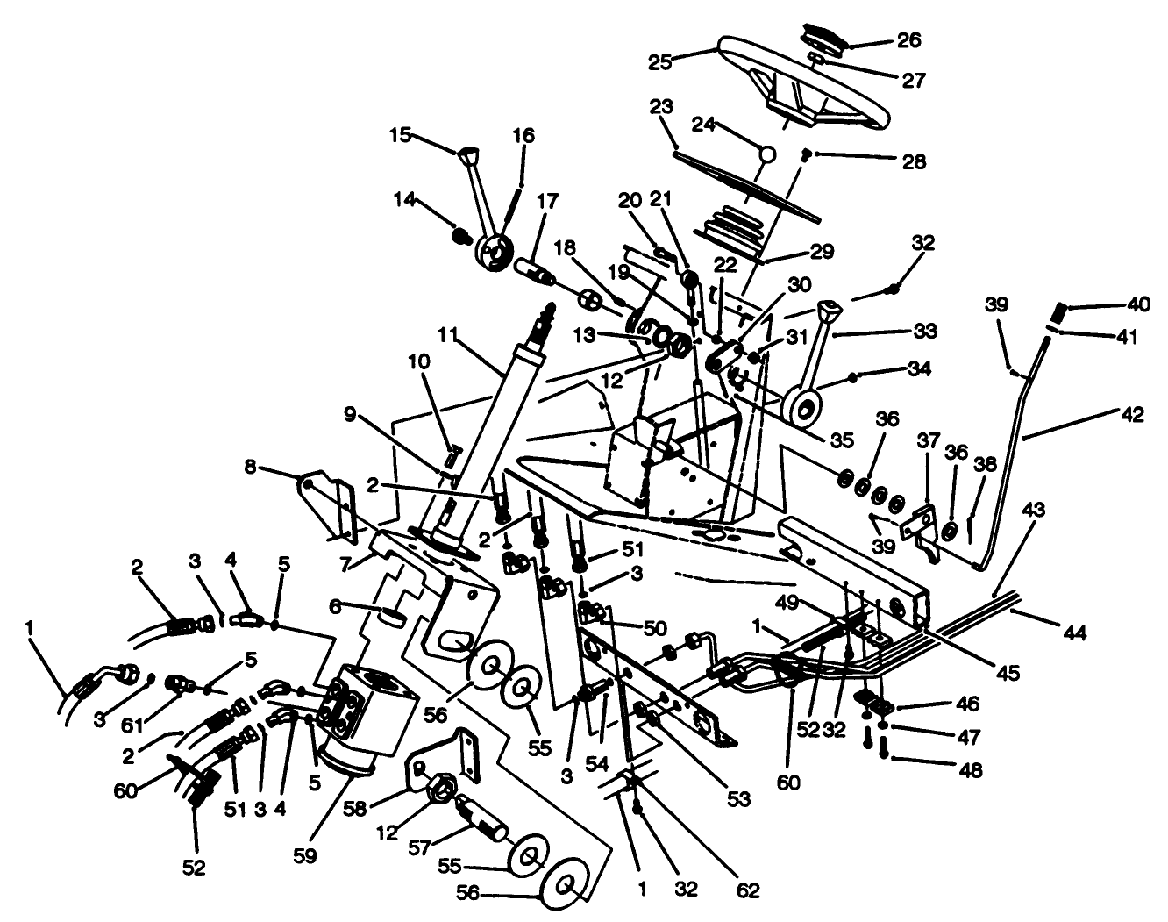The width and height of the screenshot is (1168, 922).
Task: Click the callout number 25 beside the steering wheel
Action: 659,62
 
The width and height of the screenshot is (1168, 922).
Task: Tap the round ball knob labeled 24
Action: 767,154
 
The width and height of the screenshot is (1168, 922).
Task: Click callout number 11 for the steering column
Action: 449,336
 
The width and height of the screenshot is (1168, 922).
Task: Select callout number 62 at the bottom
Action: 747,890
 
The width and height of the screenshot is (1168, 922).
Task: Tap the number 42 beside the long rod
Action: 1132,415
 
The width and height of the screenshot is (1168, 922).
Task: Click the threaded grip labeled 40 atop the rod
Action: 1058,311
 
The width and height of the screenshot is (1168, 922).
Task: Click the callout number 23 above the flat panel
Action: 661,107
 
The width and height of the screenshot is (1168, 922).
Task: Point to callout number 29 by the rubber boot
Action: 822,251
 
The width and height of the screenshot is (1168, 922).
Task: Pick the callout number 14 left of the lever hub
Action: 404,200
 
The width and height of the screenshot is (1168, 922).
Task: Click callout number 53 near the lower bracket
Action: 738,798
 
